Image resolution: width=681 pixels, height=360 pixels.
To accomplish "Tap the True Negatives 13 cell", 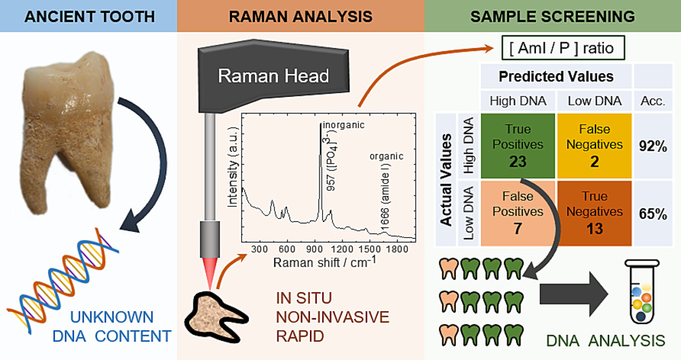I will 594,211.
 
